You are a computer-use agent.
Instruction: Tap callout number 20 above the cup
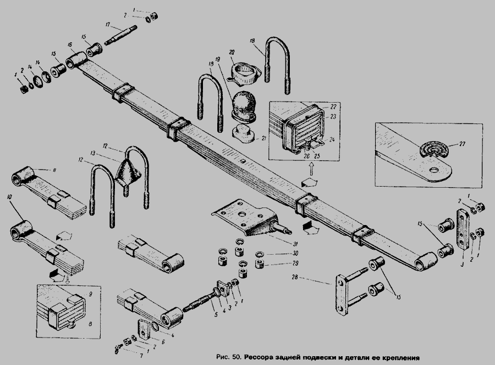233,50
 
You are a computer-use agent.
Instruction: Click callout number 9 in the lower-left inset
90,293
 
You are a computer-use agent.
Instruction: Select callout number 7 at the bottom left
127,357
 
